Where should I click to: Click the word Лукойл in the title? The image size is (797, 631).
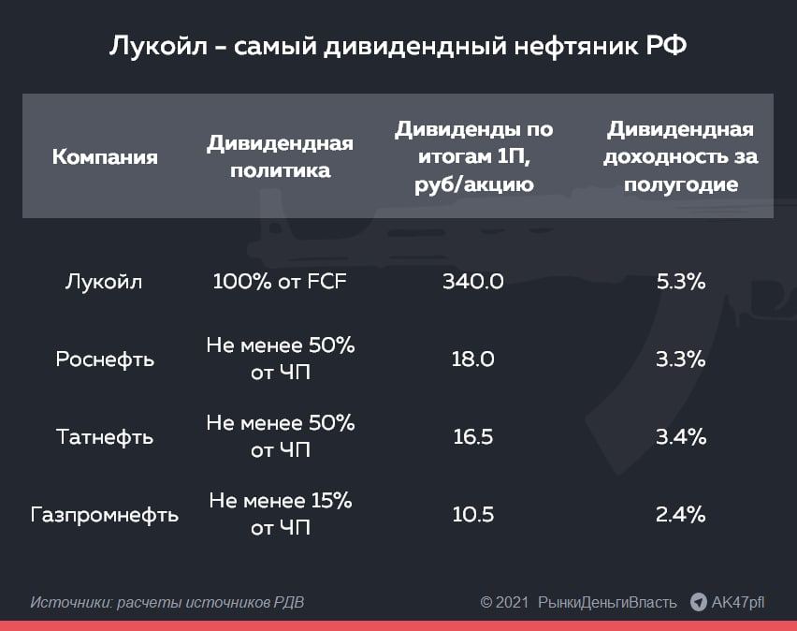tap(158, 46)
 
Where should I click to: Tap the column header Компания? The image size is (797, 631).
tap(105, 156)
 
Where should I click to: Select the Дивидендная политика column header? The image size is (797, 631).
tap(280, 156)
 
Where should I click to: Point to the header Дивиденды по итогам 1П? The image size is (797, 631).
tap(473, 156)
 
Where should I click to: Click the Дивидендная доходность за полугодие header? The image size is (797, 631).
tap(681, 156)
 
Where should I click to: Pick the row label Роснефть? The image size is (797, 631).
tap(105, 360)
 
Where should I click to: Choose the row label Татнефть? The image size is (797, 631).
tap(105, 437)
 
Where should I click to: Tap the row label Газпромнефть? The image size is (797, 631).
tap(105, 515)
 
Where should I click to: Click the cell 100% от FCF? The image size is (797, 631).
tap(280, 282)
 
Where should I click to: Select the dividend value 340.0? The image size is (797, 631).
tap(473, 282)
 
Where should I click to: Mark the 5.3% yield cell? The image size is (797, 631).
tap(681, 282)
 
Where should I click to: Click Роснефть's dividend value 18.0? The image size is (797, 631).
tap(473, 360)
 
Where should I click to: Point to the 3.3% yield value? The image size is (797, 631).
tap(681, 360)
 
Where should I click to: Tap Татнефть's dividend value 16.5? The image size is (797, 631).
tap(473, 437)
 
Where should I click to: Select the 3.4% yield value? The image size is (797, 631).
tap(681, 437)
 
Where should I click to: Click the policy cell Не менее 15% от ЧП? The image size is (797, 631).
tap(280, 515)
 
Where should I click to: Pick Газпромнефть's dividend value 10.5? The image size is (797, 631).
tap(473, 515)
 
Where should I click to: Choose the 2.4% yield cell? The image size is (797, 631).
tap(681, 515)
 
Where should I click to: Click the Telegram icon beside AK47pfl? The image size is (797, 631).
tap(699, 602)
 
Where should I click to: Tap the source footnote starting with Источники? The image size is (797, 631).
tap(167, 603)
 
